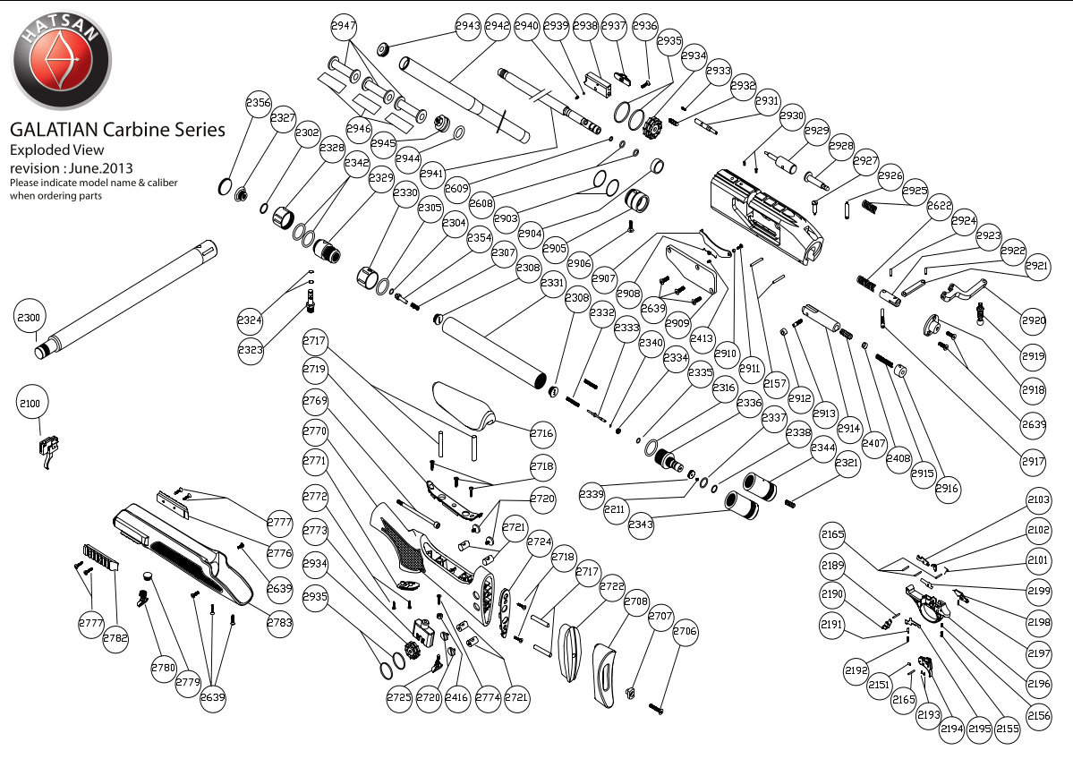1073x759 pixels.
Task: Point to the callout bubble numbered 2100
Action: [x=30, y=405]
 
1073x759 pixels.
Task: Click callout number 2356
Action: [x=259, y=103]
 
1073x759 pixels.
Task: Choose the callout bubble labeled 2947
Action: [x=345, y=27]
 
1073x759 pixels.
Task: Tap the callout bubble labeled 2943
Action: [x=468, y=27]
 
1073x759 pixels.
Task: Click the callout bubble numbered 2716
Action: [x=542, y=433]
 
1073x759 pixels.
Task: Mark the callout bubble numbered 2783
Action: [x=280, y=622]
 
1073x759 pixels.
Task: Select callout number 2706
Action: [x=686, y=632]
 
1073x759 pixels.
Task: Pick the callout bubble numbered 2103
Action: [x=1039, y=500]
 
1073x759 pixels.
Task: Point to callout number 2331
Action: [x=553, y=284]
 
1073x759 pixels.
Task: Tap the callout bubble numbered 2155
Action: [x=1008, y=729]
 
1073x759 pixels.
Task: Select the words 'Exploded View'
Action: [x=57, y=149]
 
